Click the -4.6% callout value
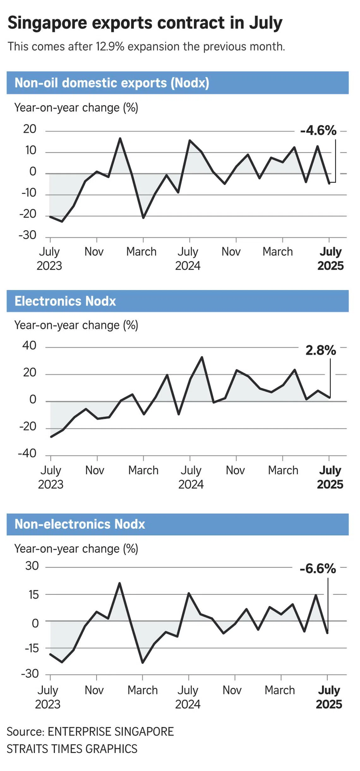pos(318,130)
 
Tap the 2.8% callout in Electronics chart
pos(321,350)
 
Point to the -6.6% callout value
pos(318,569)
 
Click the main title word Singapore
pos(47,23)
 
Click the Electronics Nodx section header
pos(65,301)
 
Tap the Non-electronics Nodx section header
pos(80,524)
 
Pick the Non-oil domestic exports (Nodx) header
pos(112,83)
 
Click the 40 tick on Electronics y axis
pos(29,346)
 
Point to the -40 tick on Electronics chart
pos(27,454)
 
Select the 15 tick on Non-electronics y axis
pos(33,595)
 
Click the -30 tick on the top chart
pos(27,235)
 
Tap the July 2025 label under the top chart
pos(330,259)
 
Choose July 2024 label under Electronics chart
pos(191,477)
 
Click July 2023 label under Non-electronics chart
pos(48,697)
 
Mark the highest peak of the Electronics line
pos(202,357)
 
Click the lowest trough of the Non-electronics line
pos(143,662)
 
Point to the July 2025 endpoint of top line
pos(329,183)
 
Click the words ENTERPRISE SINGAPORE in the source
pos(111,732)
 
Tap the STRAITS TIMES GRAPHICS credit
pos(72,749)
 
